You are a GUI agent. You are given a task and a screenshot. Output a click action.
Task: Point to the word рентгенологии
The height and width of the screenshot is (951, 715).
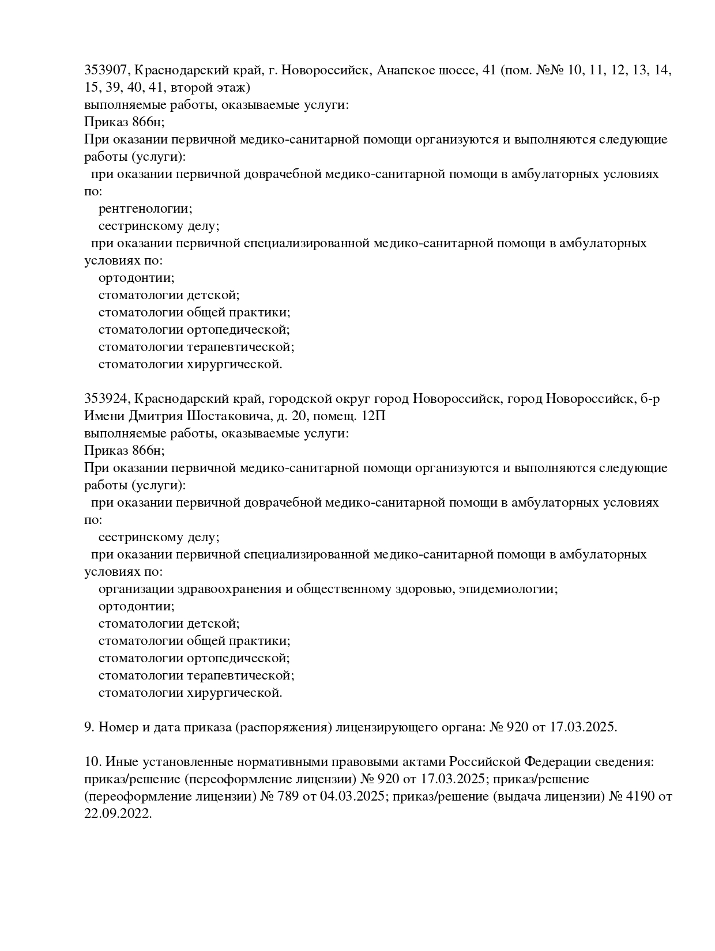tap(145, 209)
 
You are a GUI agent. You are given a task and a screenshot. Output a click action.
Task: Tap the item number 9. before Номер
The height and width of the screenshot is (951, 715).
tap(89, 727)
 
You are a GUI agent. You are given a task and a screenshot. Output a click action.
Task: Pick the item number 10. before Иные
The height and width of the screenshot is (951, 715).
tap(93, 762)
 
